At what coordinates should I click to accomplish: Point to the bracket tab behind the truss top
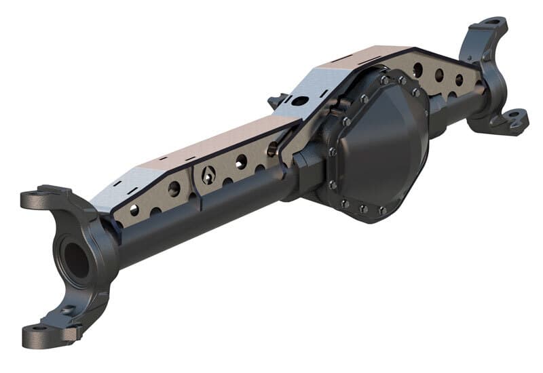(x=277, y=102)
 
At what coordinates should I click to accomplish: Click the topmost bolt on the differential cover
(x=384, y=80)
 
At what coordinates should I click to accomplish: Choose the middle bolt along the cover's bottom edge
(x=363, y=209)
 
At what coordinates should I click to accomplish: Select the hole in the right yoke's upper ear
(x=490, y=26)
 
